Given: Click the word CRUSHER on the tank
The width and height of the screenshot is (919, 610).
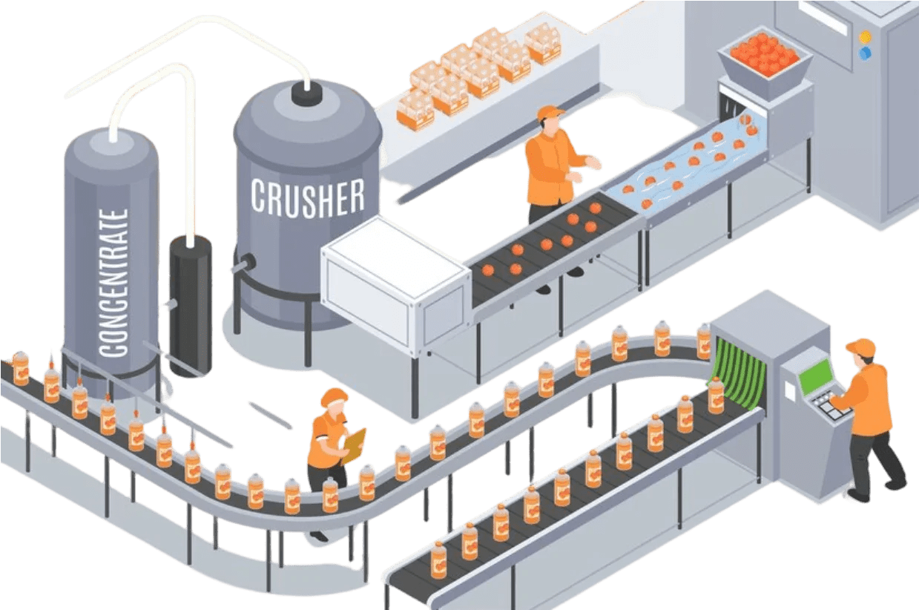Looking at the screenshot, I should click(307, 197).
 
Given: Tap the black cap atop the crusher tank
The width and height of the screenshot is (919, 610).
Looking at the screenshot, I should click(306, 93).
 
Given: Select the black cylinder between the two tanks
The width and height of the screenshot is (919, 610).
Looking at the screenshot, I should click(191, 304).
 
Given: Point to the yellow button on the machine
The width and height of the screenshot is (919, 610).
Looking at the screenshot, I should click(865, 36).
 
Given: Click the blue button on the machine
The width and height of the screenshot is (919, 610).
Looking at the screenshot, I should click(864, 53).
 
